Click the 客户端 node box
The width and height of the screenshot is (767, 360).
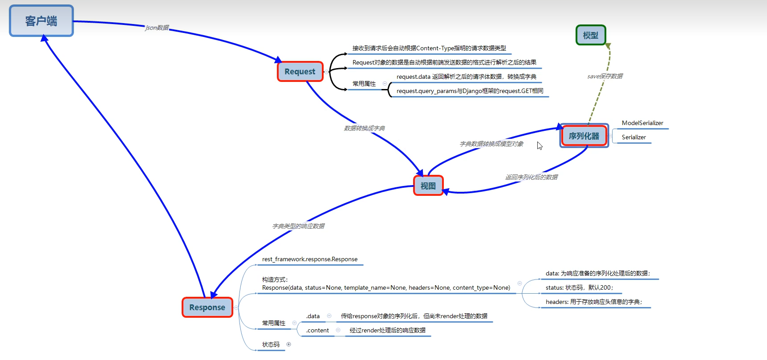(41, 21)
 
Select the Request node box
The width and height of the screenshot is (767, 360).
(300, 72)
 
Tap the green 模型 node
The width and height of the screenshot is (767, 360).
(591, 35)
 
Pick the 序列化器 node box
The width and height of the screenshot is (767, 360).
(584, 136)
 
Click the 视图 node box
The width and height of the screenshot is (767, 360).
(428, 186)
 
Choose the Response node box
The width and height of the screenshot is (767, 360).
(207, 307)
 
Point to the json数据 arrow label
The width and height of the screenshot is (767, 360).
(157, 28)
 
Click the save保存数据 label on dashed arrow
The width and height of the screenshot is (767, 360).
(605, 76)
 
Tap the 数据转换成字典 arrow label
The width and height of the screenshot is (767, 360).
(364, 128)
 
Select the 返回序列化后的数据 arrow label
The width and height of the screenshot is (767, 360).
(531, 177)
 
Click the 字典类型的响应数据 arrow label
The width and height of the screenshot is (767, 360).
(298, 226)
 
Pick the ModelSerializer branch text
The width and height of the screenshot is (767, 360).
(642, 123)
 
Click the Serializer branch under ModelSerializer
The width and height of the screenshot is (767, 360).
(633, 137)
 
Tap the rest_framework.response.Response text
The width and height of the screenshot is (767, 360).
(310, 259)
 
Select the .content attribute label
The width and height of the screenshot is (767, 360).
(317, 330)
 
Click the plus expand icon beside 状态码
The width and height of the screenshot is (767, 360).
(288, 344)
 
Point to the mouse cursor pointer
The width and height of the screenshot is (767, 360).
(540, 146)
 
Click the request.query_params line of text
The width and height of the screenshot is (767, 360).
(470, 91)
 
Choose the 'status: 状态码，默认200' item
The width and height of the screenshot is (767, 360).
(579, 287)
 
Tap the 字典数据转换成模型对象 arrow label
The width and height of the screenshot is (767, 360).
(491, 144)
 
